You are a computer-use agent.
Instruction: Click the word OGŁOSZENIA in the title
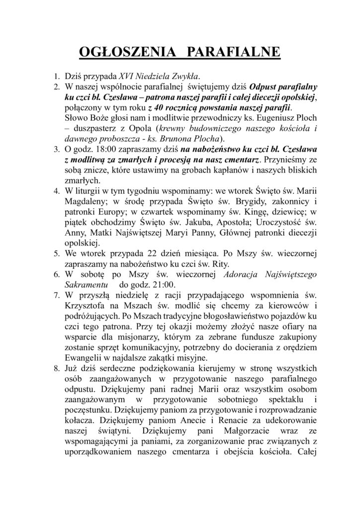click(x=121, y=52)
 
